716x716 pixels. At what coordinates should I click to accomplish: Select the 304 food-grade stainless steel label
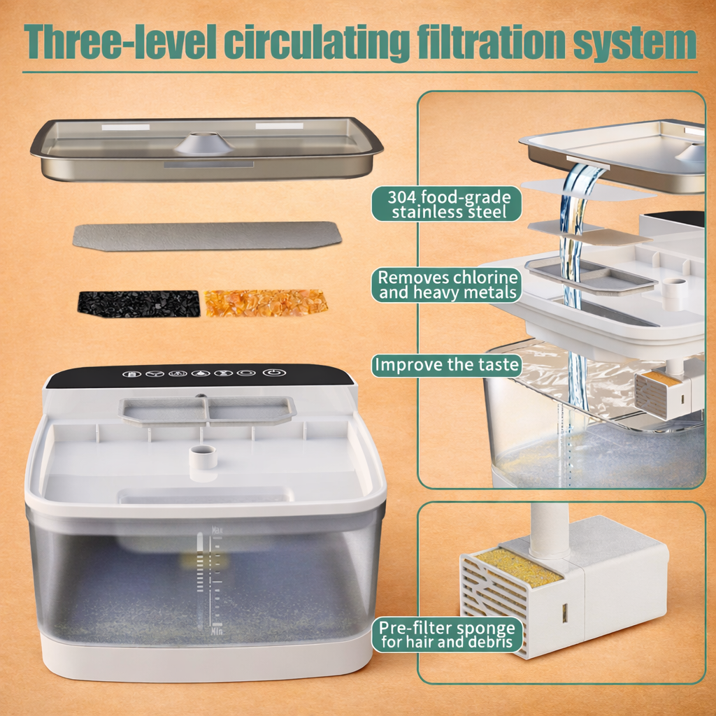pos(446,204)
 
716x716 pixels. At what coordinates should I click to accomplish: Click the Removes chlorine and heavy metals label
pos(446,285)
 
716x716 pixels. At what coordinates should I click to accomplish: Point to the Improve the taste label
pos(446,364)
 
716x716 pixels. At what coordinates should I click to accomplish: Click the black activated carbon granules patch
pos(138,303)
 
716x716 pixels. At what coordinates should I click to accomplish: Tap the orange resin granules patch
pos(266,303)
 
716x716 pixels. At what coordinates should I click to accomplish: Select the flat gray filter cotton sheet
pos(207,236)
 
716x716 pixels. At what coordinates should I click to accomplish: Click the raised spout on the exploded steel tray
pos(203,143)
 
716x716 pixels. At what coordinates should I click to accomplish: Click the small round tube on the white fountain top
pos(203,457)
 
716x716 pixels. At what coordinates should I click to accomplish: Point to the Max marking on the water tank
pos(217,530)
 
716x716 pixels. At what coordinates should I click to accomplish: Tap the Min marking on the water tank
pos(217,629)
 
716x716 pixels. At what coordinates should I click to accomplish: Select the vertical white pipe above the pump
pos(550,528)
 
